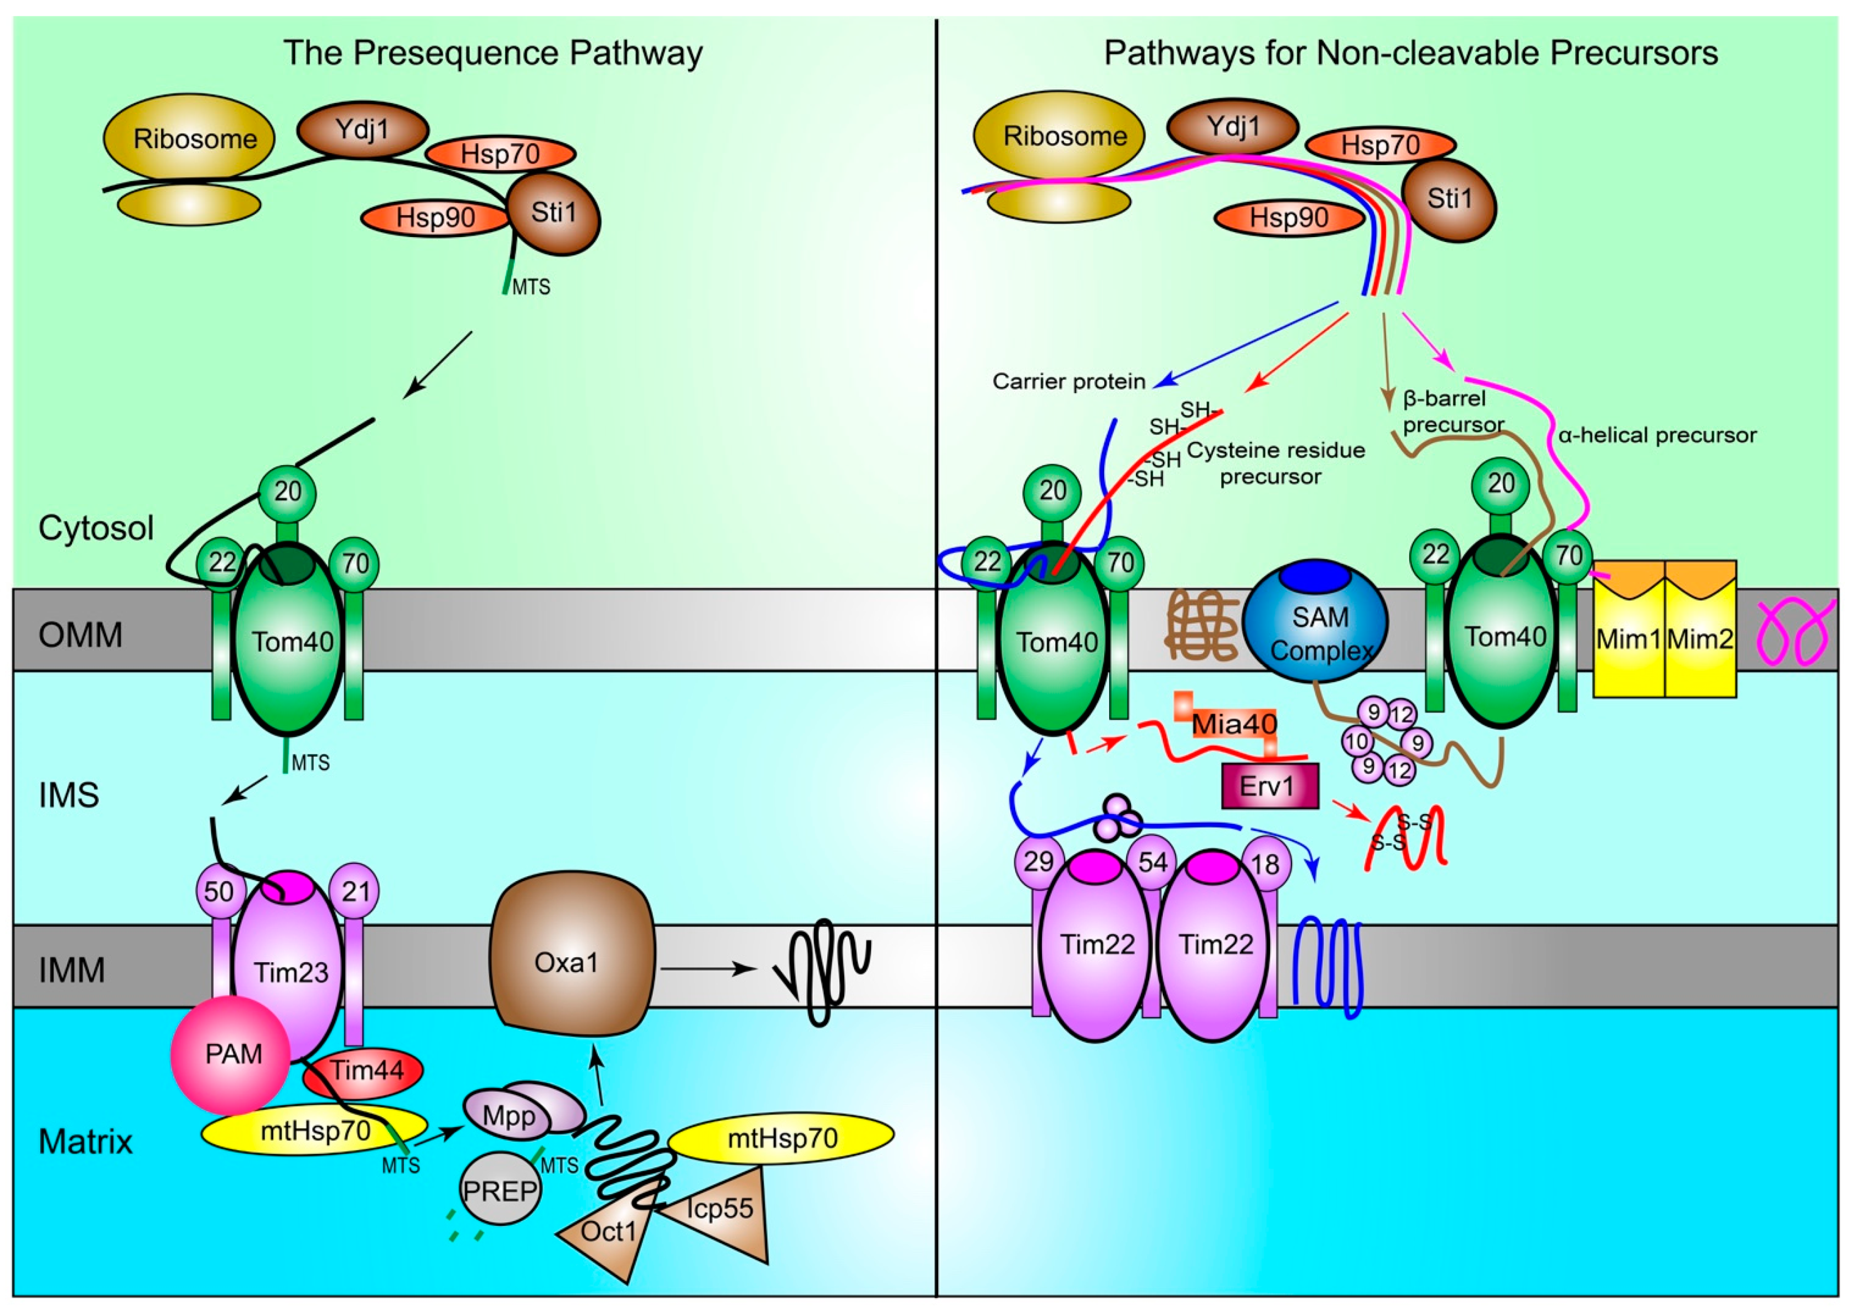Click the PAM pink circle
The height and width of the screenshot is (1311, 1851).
pos(230,1054)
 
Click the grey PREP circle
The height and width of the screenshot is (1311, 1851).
pos(500,1191)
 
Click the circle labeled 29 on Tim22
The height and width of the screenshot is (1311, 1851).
pos(1038,861)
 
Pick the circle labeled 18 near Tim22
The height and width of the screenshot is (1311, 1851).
pos(1266,864)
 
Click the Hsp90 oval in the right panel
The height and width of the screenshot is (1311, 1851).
pos(1289,218)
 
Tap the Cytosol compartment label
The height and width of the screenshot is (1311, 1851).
pos(96,528)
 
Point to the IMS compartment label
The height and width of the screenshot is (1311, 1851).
pos(70,795)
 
